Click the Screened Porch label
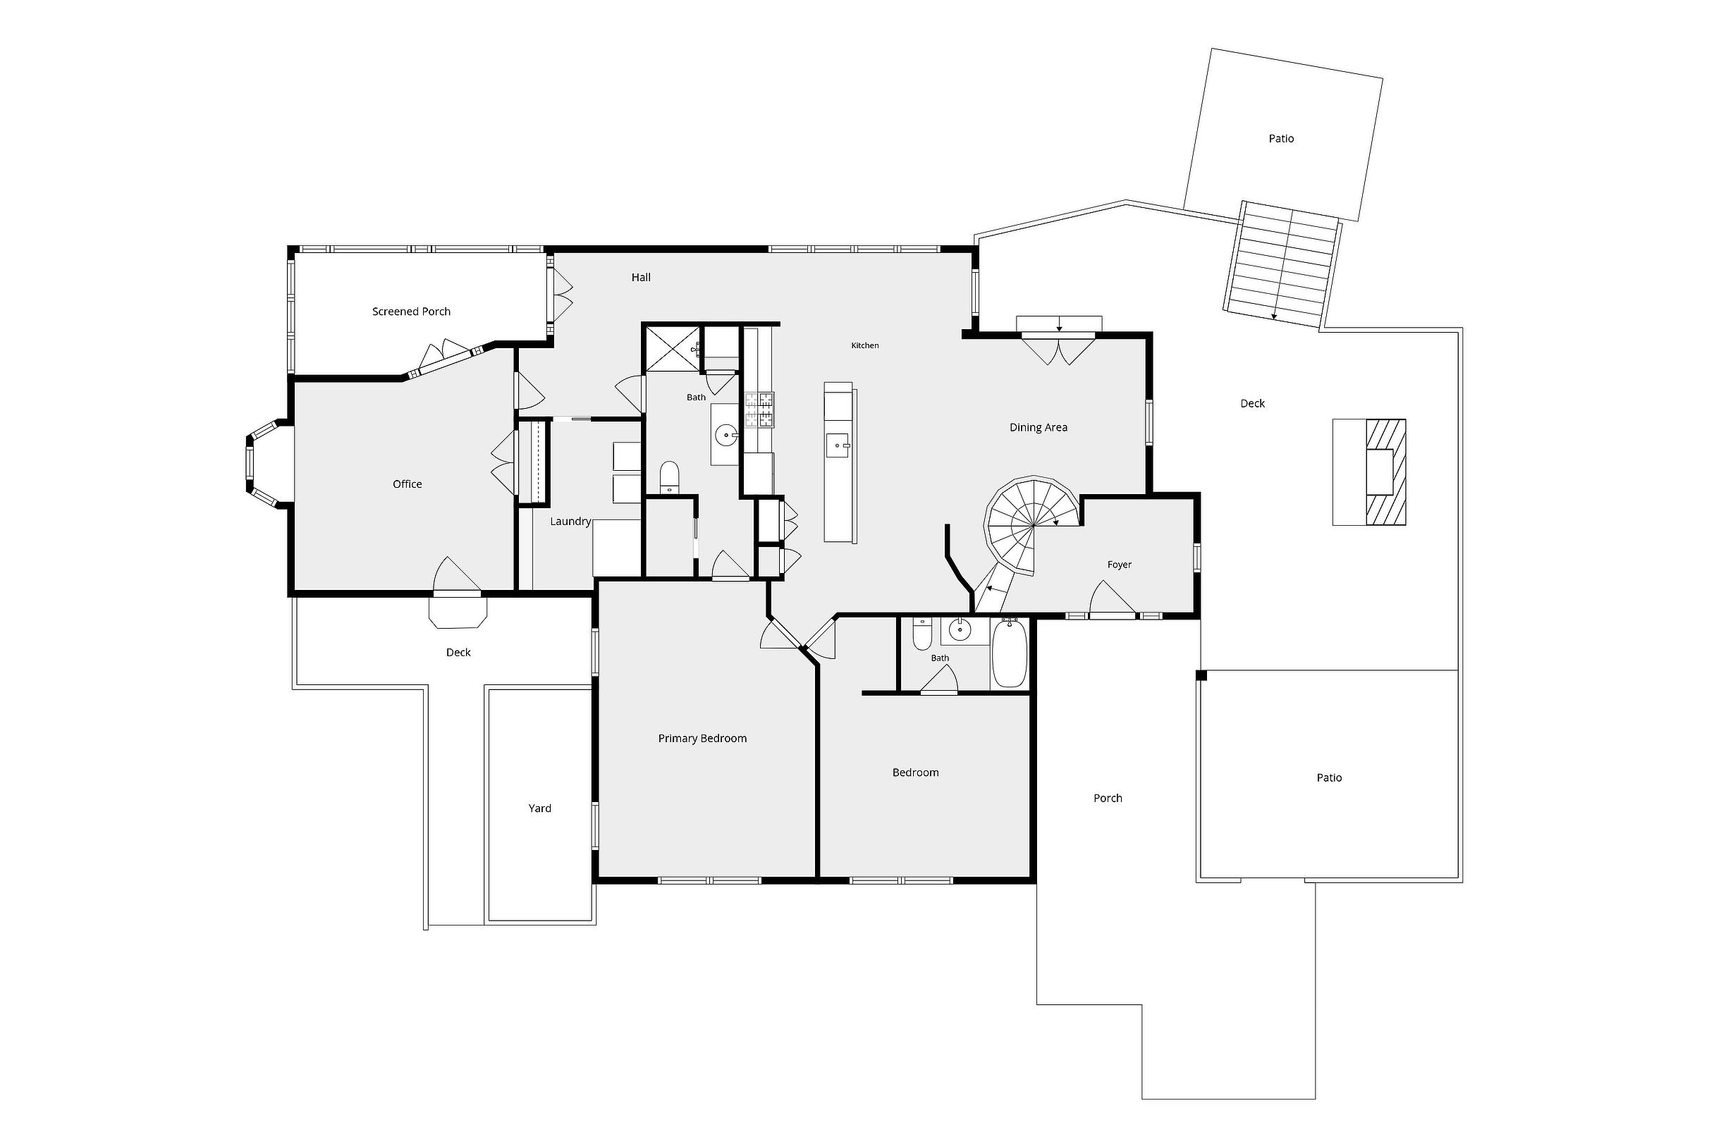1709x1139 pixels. (x=411, y=312)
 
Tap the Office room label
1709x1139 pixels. (x=407, y=484)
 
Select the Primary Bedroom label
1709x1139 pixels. (x=702, y=739)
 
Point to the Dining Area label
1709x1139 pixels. (x=1039, y=428)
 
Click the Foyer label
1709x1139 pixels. (x=1119, y=565)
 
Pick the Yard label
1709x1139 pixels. (x=540, y=808)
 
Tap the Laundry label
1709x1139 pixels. (x=570, y=522)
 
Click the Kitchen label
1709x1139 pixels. (x=864, y=346)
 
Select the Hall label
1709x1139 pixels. (x=641, y=278)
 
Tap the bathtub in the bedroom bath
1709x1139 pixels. (x=1010, y=652)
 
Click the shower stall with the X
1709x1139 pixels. (x=671, y=349)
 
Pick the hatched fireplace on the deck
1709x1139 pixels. (x=1386, y=472)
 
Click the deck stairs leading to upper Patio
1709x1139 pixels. (x=1283, y=264)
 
